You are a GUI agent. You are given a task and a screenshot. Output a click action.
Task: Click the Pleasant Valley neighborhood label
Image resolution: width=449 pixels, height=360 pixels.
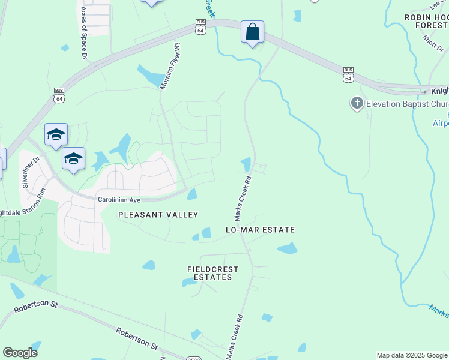coord(158,214)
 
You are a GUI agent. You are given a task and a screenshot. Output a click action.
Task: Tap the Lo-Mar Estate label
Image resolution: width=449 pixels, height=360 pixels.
coord(260,230)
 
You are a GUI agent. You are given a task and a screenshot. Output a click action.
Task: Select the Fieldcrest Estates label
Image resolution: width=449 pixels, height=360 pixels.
coord(212,274)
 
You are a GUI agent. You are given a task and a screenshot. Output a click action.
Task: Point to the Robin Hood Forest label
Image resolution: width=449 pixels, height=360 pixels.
coord(426,21)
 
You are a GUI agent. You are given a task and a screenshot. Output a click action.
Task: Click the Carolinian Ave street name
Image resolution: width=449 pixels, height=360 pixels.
coord(119,199)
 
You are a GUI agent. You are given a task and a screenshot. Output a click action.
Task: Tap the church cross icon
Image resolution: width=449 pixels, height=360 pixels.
coord(357,103)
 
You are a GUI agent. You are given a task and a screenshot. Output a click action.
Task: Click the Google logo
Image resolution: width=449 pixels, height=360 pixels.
coord(20,353)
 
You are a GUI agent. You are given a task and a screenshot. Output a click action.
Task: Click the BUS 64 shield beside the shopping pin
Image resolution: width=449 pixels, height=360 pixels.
coord(200,27)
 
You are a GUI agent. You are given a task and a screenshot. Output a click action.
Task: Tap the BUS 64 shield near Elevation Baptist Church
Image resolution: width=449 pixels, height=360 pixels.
coord(348,74)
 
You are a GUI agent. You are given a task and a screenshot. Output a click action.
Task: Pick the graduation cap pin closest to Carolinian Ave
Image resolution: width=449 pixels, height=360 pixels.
coord(73,158)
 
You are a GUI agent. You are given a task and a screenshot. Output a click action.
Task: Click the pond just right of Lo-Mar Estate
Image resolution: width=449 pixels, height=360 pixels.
coord(288,248)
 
